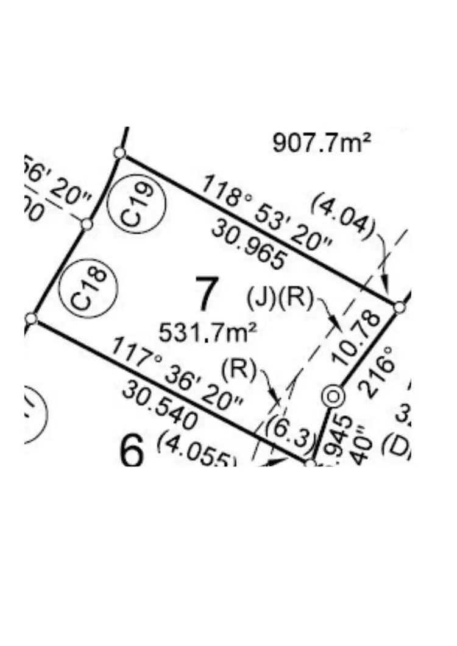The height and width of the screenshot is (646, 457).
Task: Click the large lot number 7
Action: pyautogui.click(x=206, y=293)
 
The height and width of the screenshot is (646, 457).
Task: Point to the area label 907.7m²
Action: pyautogui.click(x=322, y=143)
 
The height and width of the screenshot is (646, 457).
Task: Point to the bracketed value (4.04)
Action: pyautogui.click(x=342, y=216)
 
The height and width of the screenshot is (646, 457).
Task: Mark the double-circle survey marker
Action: pyautogui.click(x=333, y=397)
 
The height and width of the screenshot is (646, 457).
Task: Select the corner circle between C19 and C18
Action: pyautogui.click(x=87, y=224)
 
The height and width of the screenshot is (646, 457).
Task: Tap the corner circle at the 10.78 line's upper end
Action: pyautogui.click(x=399, y=307)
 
